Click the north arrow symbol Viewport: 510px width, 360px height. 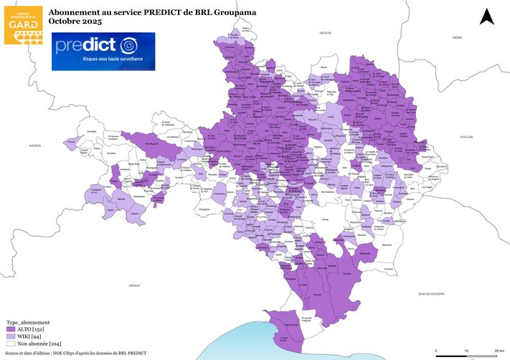click(x=486, y=16)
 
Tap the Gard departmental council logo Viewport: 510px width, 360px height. click(x=23, y=24)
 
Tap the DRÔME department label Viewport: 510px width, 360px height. click(x=457, y=37)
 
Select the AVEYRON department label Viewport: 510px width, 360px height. click(x=35, y=145)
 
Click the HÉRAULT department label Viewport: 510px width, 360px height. click(x=134, y=285)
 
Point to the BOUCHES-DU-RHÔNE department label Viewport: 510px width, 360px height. click(x=430, y=294)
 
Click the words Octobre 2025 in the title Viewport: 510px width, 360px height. click(x=72, y=22)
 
